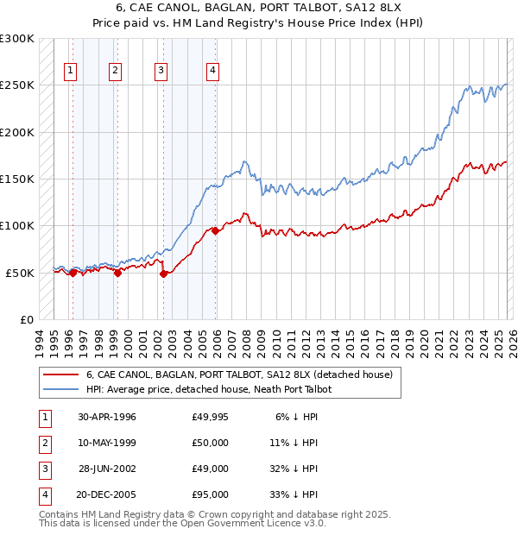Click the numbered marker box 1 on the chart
pos(70,72)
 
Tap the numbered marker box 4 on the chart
pos(212,72)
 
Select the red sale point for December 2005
pos(215,230)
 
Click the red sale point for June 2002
pos(163,274)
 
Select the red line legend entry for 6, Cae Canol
pos(239,374)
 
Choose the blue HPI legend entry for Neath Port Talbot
pos(209,389)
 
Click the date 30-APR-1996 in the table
pos(107,417)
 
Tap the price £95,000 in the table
pos(211,494)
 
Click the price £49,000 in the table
pos(211,469)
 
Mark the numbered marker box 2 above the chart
pos(115,72)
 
